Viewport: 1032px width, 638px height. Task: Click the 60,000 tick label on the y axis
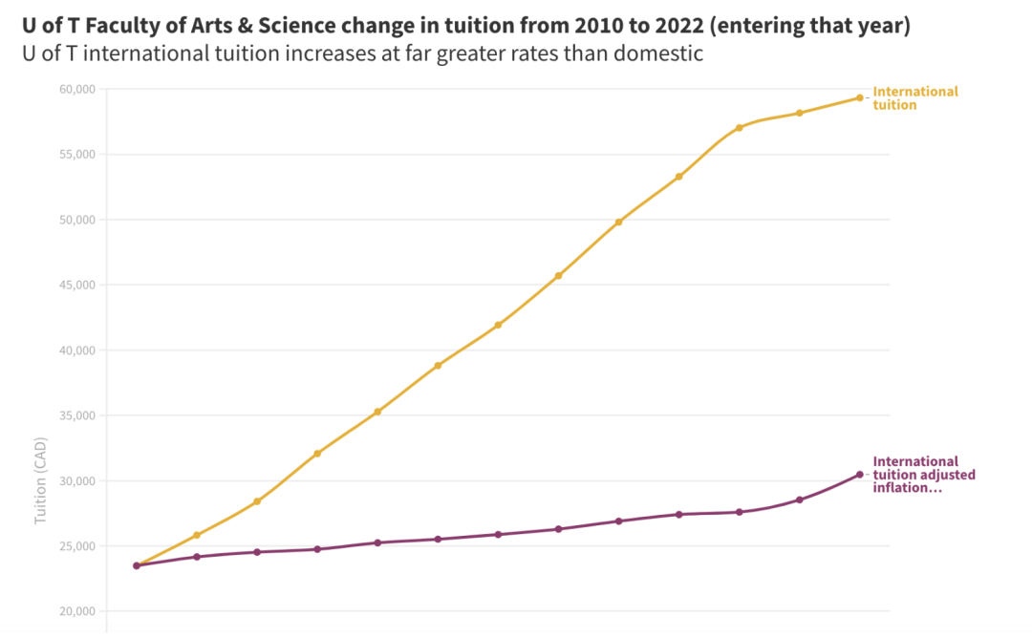click(x=75, y=89)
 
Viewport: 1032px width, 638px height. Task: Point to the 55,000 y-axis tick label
click(x=75, y=154)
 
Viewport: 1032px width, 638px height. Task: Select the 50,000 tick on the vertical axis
click(x=75, y=220)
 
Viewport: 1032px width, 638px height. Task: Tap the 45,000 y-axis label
click(x=75, y=285)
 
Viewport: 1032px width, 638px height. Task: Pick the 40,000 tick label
click(x=75, y=350)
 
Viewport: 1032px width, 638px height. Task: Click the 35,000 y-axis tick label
click(x=75, y=415)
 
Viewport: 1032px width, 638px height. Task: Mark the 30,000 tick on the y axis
click(x=75, y=480)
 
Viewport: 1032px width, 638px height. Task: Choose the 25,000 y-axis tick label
click(x=75, y=545)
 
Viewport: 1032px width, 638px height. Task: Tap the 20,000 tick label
click(x=75, y=611)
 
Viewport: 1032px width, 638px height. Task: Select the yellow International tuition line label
click(x=914, y=97)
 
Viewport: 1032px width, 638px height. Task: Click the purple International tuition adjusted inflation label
click(x=923, y=475)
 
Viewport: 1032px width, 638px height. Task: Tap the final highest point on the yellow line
click(x=860, y=97)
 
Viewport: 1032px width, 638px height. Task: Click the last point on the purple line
click(x=860, y=475)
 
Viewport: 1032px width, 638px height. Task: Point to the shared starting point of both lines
click(x=137, y=565)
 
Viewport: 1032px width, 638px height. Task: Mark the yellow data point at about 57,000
click(x=740, y=127)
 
